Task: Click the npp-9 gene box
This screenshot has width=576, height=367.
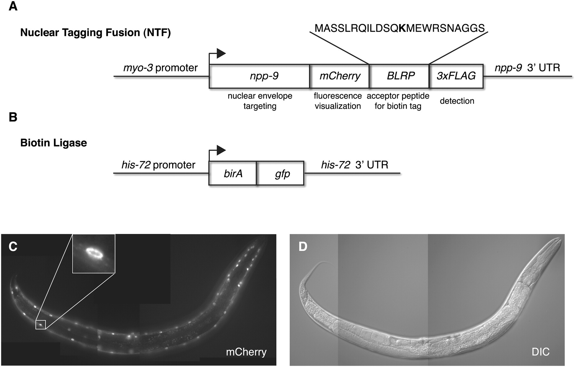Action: [259, 76]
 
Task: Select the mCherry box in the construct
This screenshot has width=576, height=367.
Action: [340, 76]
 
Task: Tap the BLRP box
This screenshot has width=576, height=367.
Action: [399, 76]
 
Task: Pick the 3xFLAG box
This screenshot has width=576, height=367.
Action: [456, 76]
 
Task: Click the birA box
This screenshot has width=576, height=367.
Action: [233, 173]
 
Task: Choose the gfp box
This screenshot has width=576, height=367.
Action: [280, 173]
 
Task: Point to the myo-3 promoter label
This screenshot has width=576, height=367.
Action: [161, 68]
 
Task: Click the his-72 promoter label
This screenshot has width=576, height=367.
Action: [158, 165]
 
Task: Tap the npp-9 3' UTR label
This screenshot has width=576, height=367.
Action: [527, 68]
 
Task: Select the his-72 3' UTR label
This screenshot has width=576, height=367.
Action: [355, 165]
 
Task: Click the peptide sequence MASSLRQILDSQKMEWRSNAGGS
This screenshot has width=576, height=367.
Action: [400, 28]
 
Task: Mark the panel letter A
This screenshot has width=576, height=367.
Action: [13, 6]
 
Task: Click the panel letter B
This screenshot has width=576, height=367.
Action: [13, 117]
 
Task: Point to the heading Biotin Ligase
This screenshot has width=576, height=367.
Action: [53, 143]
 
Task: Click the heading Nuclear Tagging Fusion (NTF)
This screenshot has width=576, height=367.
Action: [95, 33]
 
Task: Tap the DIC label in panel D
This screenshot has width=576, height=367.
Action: [540, 352]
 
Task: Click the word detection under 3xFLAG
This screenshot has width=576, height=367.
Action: [457, 101]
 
